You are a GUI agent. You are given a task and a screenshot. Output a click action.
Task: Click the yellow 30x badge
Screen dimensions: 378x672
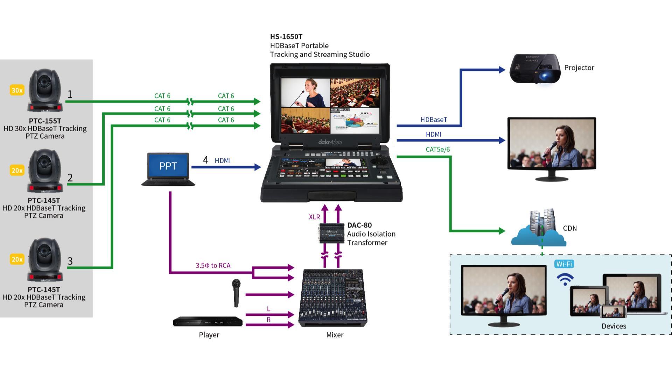click(x=17, y=90)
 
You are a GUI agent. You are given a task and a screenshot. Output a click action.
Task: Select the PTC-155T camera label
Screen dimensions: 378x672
click(x=45, y=121)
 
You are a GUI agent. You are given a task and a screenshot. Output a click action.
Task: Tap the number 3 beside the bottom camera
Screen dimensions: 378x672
click(x=70, y=261)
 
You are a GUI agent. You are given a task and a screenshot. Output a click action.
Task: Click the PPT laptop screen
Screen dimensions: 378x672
click(x=168, y=166)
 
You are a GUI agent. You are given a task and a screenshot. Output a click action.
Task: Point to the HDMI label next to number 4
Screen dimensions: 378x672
click(x=223, y=161)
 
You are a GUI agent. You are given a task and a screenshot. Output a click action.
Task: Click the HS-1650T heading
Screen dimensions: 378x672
click(x=286, y=37)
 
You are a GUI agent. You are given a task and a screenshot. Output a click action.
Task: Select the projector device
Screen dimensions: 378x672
click(x=534, y=69)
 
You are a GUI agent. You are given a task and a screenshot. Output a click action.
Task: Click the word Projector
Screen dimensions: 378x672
click(x=579, y=68)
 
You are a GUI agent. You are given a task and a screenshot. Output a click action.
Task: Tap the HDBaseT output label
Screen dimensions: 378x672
click(x=434, y=120)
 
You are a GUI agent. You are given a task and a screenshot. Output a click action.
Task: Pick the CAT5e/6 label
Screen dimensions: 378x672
click(x=437, y=149)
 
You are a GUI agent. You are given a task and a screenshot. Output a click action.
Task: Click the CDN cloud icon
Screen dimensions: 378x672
click(x=539, y=229)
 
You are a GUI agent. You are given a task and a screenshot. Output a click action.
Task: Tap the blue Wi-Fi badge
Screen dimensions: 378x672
click(x=564, y=264)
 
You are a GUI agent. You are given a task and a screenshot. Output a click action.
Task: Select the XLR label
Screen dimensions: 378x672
click(x=314, y=217)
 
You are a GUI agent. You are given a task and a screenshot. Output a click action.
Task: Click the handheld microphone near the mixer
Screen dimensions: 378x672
click(x=236, y=293)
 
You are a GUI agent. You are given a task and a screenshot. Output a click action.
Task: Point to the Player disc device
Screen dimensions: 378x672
click(x=208, y=322)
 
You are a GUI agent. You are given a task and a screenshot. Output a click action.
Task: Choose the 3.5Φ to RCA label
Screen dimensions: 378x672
click(x=213, y=266)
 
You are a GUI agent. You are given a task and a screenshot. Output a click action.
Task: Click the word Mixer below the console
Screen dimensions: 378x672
click(x=335, y=335)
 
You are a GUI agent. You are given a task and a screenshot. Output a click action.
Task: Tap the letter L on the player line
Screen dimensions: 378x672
click(x=268, y=309)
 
